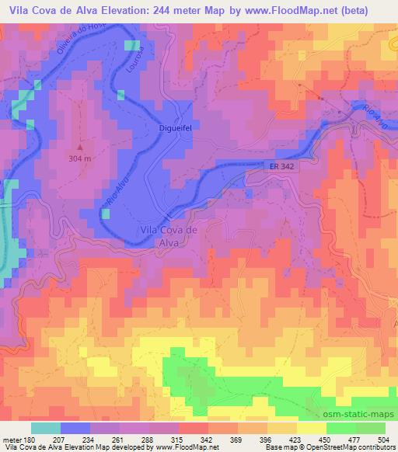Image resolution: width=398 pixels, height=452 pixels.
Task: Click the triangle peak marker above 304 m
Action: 82,147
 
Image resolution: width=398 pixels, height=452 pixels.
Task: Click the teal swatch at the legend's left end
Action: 46,427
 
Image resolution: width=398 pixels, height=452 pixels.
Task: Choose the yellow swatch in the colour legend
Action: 312,427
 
